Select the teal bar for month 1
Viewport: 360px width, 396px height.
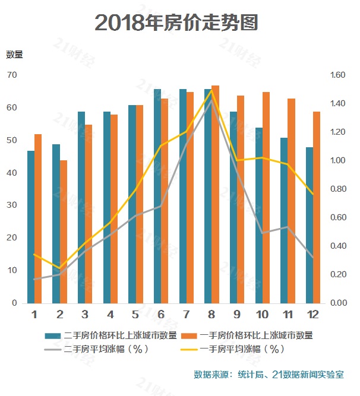coord(31,227)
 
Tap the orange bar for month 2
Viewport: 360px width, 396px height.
coord(64,232)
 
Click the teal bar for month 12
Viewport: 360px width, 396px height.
coord(310,225)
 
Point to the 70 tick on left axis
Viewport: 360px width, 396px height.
coord(12,75)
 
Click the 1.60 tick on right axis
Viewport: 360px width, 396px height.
coord(337,75)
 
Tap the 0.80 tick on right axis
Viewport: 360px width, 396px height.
coord(337,189)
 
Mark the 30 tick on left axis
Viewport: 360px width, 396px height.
coord(12,205)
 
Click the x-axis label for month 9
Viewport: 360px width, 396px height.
coord(237,313)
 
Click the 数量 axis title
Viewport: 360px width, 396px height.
coord(14,55)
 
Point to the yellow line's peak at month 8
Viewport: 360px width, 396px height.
coord(211,90)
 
